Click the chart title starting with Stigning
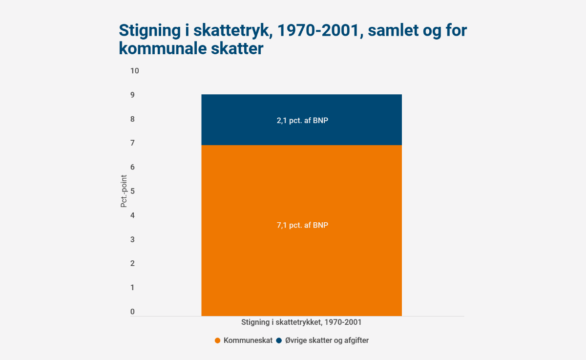pos(293,39)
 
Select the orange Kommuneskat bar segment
pos(301,244)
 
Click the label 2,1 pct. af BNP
pos(302,121)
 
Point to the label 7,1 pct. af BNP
pos(302,225)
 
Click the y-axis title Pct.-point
pos(124,191)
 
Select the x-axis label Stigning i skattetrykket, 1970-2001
pos(301,322)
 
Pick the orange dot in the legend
pos(218,340)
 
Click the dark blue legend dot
pos(279,340)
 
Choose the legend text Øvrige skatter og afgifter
pos(327,340)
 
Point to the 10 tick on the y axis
pos(134,71)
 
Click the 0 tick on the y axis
pos(132,312)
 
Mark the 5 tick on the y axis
pos(132,191)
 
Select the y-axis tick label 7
pos(132,143)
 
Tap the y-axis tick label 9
pos(132,95)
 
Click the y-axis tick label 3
pos(132,239)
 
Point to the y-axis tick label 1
pos(132,288)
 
